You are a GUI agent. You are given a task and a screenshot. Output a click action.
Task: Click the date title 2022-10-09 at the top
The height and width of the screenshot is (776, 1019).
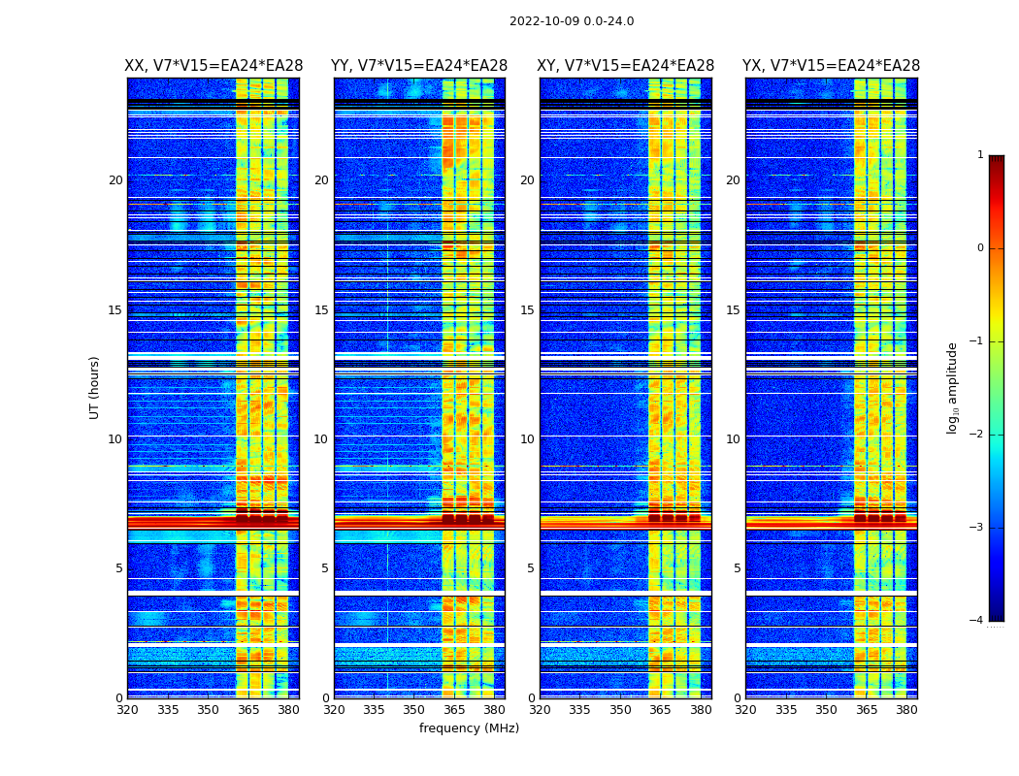(572, 21)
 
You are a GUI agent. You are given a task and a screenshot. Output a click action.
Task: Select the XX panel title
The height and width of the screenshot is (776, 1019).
(214, 66)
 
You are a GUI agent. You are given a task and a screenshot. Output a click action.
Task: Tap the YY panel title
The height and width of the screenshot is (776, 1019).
(419, 66)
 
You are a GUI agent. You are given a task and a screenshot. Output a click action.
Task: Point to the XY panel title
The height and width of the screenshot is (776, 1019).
(626, 66)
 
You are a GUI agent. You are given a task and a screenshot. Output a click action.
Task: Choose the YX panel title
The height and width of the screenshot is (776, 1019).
(832, 66)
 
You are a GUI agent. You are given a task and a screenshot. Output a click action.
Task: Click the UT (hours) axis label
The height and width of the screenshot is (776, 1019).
(95, 387)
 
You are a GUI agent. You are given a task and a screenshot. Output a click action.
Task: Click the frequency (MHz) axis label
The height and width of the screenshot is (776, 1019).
(469, 728)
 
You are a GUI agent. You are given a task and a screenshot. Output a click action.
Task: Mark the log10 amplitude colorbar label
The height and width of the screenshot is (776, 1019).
(953, 387)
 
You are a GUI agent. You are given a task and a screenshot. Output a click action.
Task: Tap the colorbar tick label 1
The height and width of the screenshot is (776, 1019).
(979, 155)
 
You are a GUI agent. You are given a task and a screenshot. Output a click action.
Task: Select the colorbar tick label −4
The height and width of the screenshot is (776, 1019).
(977, 621)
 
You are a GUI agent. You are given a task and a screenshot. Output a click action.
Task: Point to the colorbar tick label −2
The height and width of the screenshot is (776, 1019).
(977, 435)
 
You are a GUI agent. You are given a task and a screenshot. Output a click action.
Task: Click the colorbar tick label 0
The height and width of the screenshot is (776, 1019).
(979, 248)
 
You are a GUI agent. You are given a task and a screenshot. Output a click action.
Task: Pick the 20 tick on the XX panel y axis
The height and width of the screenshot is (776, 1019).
(115, 180)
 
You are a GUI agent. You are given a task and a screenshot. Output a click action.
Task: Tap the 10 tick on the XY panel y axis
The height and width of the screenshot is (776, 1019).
(527, 439)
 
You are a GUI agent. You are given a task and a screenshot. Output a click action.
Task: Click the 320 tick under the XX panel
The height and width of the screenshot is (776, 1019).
(127, 710)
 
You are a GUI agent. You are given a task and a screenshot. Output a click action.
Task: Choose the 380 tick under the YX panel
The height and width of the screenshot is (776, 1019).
(906, 710)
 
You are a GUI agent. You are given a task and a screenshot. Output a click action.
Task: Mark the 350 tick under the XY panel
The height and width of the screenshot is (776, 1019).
(620, 710)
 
